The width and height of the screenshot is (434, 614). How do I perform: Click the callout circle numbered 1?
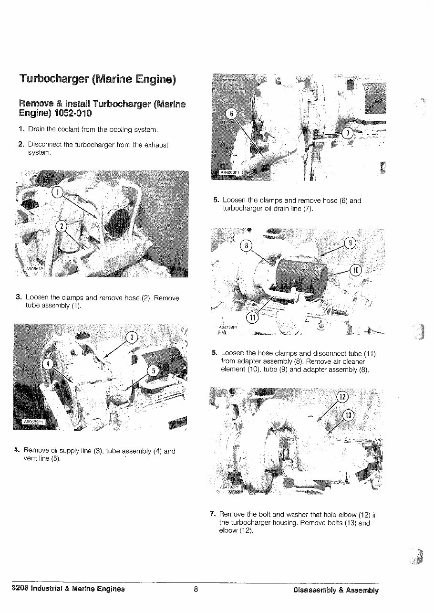click(57, 192)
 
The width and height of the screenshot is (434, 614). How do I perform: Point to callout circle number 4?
click(49, 364)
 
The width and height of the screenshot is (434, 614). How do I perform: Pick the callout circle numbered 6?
click(231, 114)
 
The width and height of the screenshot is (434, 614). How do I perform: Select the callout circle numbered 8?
click(246, 245)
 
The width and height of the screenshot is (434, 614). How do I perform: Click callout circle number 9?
click(350, 243)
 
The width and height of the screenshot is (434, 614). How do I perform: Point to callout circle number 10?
click(355, 270)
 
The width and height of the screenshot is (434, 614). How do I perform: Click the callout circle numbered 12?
click(342, 397)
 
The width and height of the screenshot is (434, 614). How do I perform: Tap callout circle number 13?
click(349, 415)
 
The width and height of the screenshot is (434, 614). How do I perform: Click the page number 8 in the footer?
click(196, 589)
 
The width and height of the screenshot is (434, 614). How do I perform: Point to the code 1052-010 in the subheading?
click(72, 114)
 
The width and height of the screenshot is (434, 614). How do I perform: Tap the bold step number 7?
click(213, 515)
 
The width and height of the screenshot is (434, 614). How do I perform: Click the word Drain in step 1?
click(36, 129)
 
